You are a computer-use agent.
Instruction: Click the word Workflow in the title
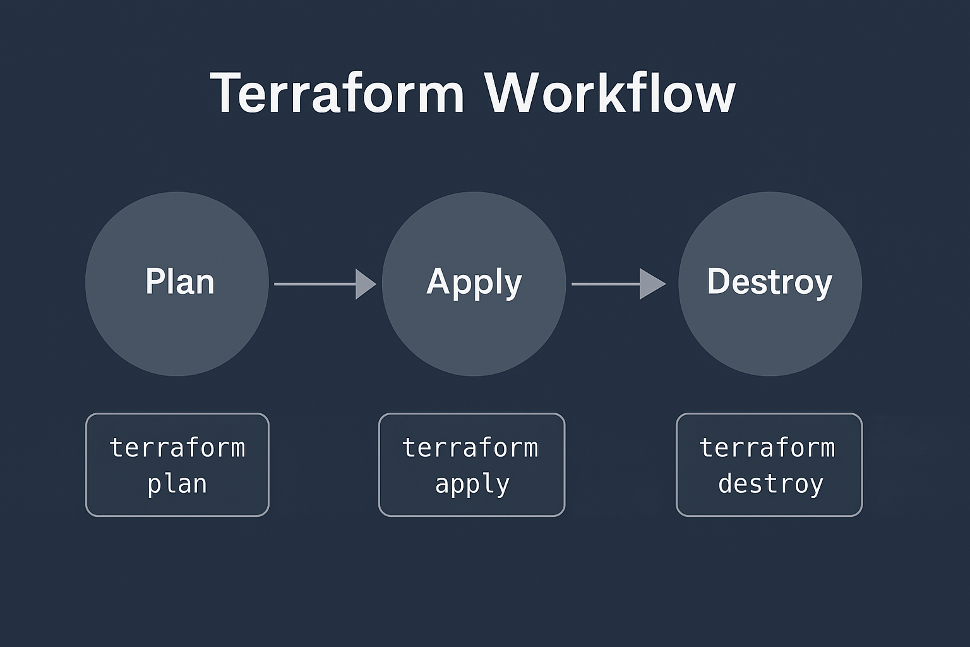tap(609, 94)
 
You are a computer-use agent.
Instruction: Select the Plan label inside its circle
tap(180, 282)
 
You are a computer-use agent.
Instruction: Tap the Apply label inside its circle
tap(474, 282)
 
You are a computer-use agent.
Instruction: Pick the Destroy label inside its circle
tap(769, 282)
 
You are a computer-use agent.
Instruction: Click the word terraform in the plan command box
tap(177, 448)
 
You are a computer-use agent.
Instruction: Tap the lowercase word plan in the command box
tap(177, 485)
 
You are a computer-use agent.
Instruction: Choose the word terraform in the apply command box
tap(470, 448)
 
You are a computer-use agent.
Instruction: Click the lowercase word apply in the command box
tap(472, 485)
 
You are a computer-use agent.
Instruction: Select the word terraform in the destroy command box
tap(767, 448)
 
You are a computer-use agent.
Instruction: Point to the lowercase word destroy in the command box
tap(770, 485)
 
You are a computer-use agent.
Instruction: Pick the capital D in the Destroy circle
tap(718, 281)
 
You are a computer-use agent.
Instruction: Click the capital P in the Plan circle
tap(153, 281)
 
